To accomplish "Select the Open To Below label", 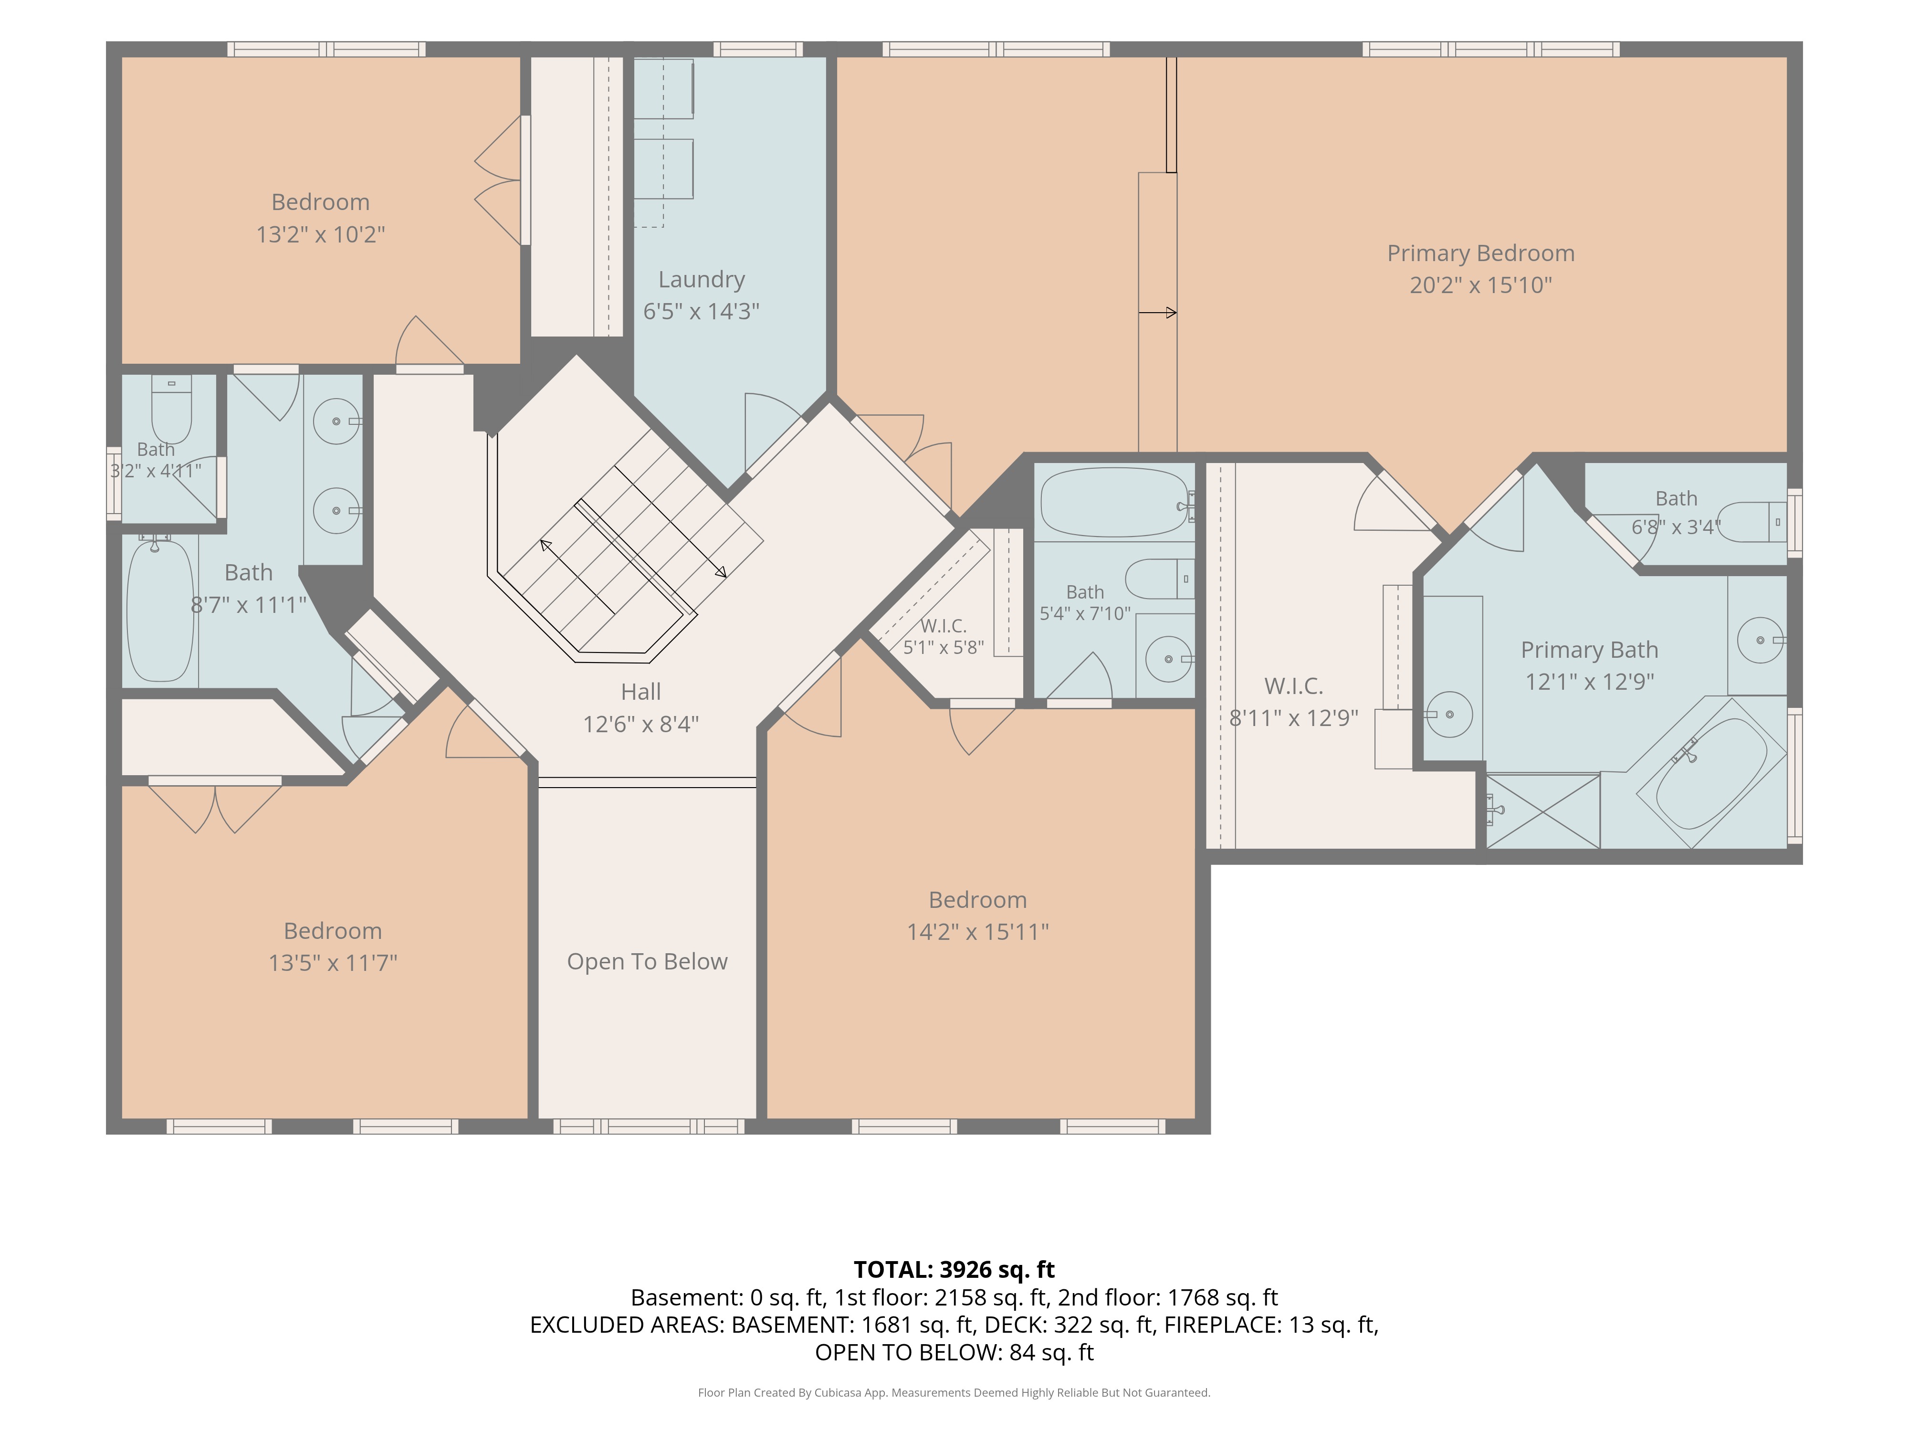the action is point(647,961).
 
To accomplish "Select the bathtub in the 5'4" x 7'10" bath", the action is point(1115,502).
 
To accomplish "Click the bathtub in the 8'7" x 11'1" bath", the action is point(160,610).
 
